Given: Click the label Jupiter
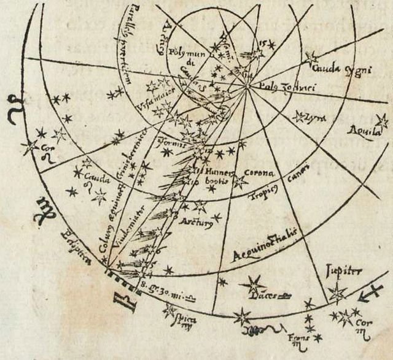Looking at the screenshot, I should [x=345, y=272].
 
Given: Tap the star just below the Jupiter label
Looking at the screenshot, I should [x=337, y=293].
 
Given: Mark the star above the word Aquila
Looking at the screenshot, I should [x=381, y=120].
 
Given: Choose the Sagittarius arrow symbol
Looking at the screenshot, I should [x=372, y=294].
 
